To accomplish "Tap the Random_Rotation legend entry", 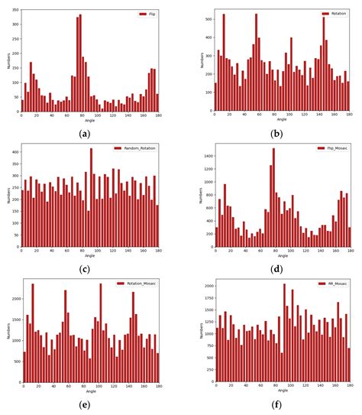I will (x=138, y=148).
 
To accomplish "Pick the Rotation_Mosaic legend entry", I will (x=137, y=283).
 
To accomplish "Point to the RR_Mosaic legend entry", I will (x=333, y=283).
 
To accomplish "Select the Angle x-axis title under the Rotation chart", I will (x=282, y=120).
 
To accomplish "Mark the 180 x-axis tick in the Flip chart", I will (x=158, y=115).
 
